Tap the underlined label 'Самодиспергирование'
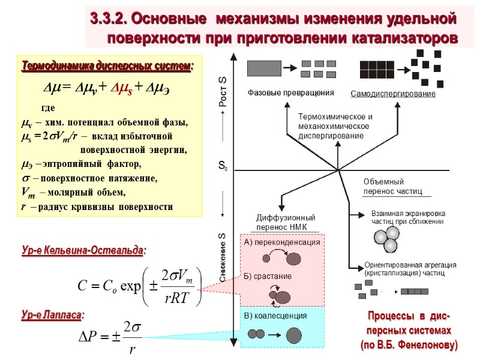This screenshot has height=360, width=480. point(393,94)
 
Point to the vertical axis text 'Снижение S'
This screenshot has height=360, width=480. point(223,257)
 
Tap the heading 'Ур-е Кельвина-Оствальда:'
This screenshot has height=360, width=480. point(85,250)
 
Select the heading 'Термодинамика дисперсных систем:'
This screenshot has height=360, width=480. point(107,65)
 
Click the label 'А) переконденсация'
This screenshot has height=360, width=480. point(282,242)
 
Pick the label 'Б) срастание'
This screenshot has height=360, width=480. point(268,277)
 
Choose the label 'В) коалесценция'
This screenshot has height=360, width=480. point(275,316)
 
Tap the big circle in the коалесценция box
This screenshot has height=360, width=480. point(294,334)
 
